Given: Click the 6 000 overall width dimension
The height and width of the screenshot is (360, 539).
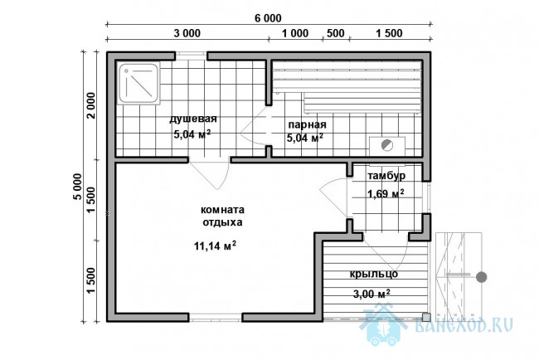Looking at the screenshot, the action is click(268, 18).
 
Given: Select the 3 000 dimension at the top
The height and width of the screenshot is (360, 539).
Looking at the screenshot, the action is click(187, 33).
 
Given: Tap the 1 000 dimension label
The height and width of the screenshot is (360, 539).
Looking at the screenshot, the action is click(295, 33).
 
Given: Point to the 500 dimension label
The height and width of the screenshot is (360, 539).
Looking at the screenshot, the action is click(336, 33).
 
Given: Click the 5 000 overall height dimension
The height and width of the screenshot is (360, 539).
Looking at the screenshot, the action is click(78, 187).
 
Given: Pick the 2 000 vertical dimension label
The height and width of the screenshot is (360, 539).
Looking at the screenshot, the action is click(90, 105).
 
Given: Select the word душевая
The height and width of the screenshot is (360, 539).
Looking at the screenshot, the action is click(193, 119).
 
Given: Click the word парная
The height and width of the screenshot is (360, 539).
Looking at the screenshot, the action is click(307, 124).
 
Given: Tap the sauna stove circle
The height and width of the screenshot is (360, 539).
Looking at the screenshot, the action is click(387, 145).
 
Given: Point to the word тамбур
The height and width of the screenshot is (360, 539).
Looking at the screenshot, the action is click(386, 176).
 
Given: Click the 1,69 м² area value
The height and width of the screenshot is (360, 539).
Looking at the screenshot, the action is click(386, 193).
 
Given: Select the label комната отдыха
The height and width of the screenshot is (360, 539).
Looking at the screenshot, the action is click(222, 216).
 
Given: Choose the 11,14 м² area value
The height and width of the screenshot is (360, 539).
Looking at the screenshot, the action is click(215, 246).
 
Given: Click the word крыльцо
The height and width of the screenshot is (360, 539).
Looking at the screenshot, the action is click(374, 274).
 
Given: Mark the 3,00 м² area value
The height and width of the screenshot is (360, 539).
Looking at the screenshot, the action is click(371, 294).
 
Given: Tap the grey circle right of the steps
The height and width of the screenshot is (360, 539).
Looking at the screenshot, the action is click(482, 277).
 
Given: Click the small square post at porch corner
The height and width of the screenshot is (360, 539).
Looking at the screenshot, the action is click(426, 317).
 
